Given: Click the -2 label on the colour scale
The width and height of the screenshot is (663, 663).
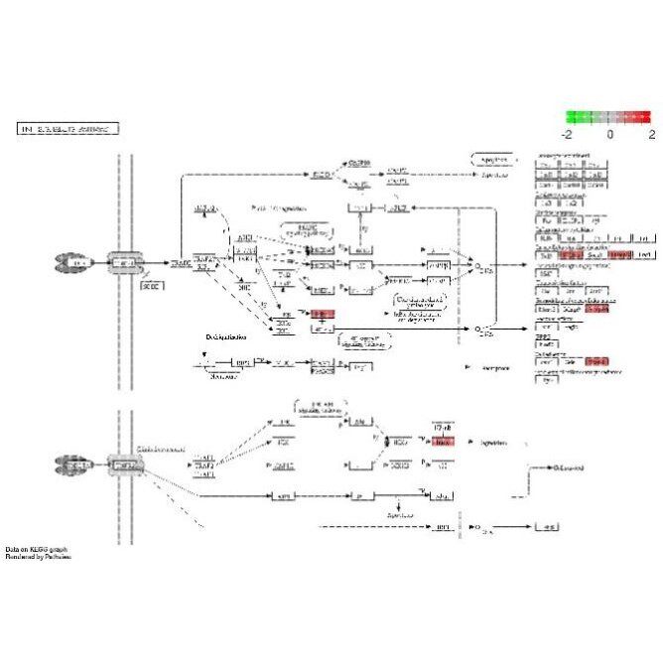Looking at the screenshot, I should (567, 132).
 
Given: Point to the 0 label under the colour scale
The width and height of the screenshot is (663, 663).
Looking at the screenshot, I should (609, 132).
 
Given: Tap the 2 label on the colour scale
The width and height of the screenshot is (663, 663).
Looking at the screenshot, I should (651, 132).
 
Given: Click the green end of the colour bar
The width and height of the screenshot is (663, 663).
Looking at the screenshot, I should (572, 116).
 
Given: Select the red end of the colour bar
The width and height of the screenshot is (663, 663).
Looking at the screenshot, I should (646, 116).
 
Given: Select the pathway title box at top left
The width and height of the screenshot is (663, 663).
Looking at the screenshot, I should (68, 129).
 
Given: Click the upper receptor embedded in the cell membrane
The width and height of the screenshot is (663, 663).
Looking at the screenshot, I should (125, 262).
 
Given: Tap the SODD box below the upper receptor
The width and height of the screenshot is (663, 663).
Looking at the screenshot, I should (151, 286).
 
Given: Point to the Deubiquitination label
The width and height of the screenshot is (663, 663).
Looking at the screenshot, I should (227, 336).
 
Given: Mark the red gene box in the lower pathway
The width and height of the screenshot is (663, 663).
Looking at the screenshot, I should (443, 442).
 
